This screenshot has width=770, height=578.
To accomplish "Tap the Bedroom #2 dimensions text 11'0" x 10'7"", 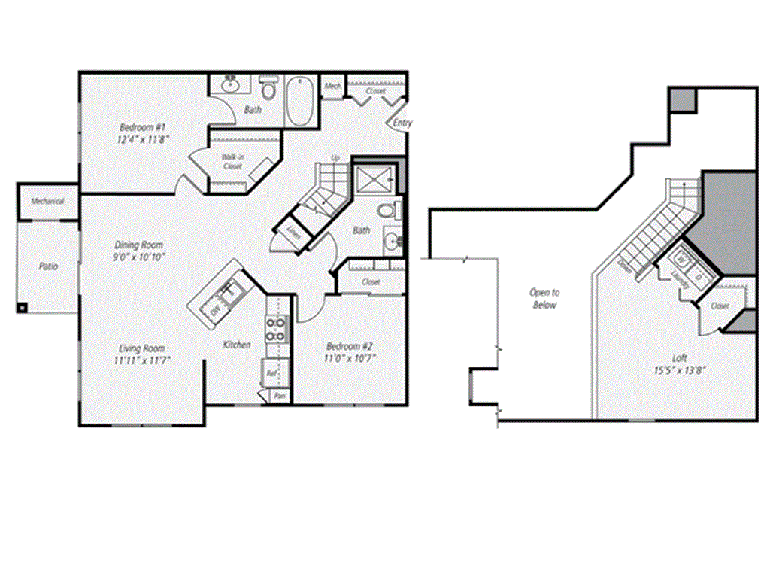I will click(350, 358).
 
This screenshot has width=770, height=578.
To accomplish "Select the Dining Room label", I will click(138, 245).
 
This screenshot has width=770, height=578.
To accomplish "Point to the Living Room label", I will click(141, 348).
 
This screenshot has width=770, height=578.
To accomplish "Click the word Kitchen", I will click(236, 345).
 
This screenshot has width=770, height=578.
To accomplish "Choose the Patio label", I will click(48, 266).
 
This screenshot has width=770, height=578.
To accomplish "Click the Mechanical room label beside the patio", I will click(47, 202).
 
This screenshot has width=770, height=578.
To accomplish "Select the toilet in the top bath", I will click(268, 89).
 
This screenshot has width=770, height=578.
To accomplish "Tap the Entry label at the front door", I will click(402, 123).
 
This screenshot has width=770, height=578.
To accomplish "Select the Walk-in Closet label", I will click(232, 161).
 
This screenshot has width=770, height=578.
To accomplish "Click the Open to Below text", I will click(544, 298).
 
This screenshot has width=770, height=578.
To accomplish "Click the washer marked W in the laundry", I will click(683, 260).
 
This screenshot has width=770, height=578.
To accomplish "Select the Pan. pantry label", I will click(279, 395).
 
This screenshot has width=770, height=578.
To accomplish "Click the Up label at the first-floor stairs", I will click(336, 158).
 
